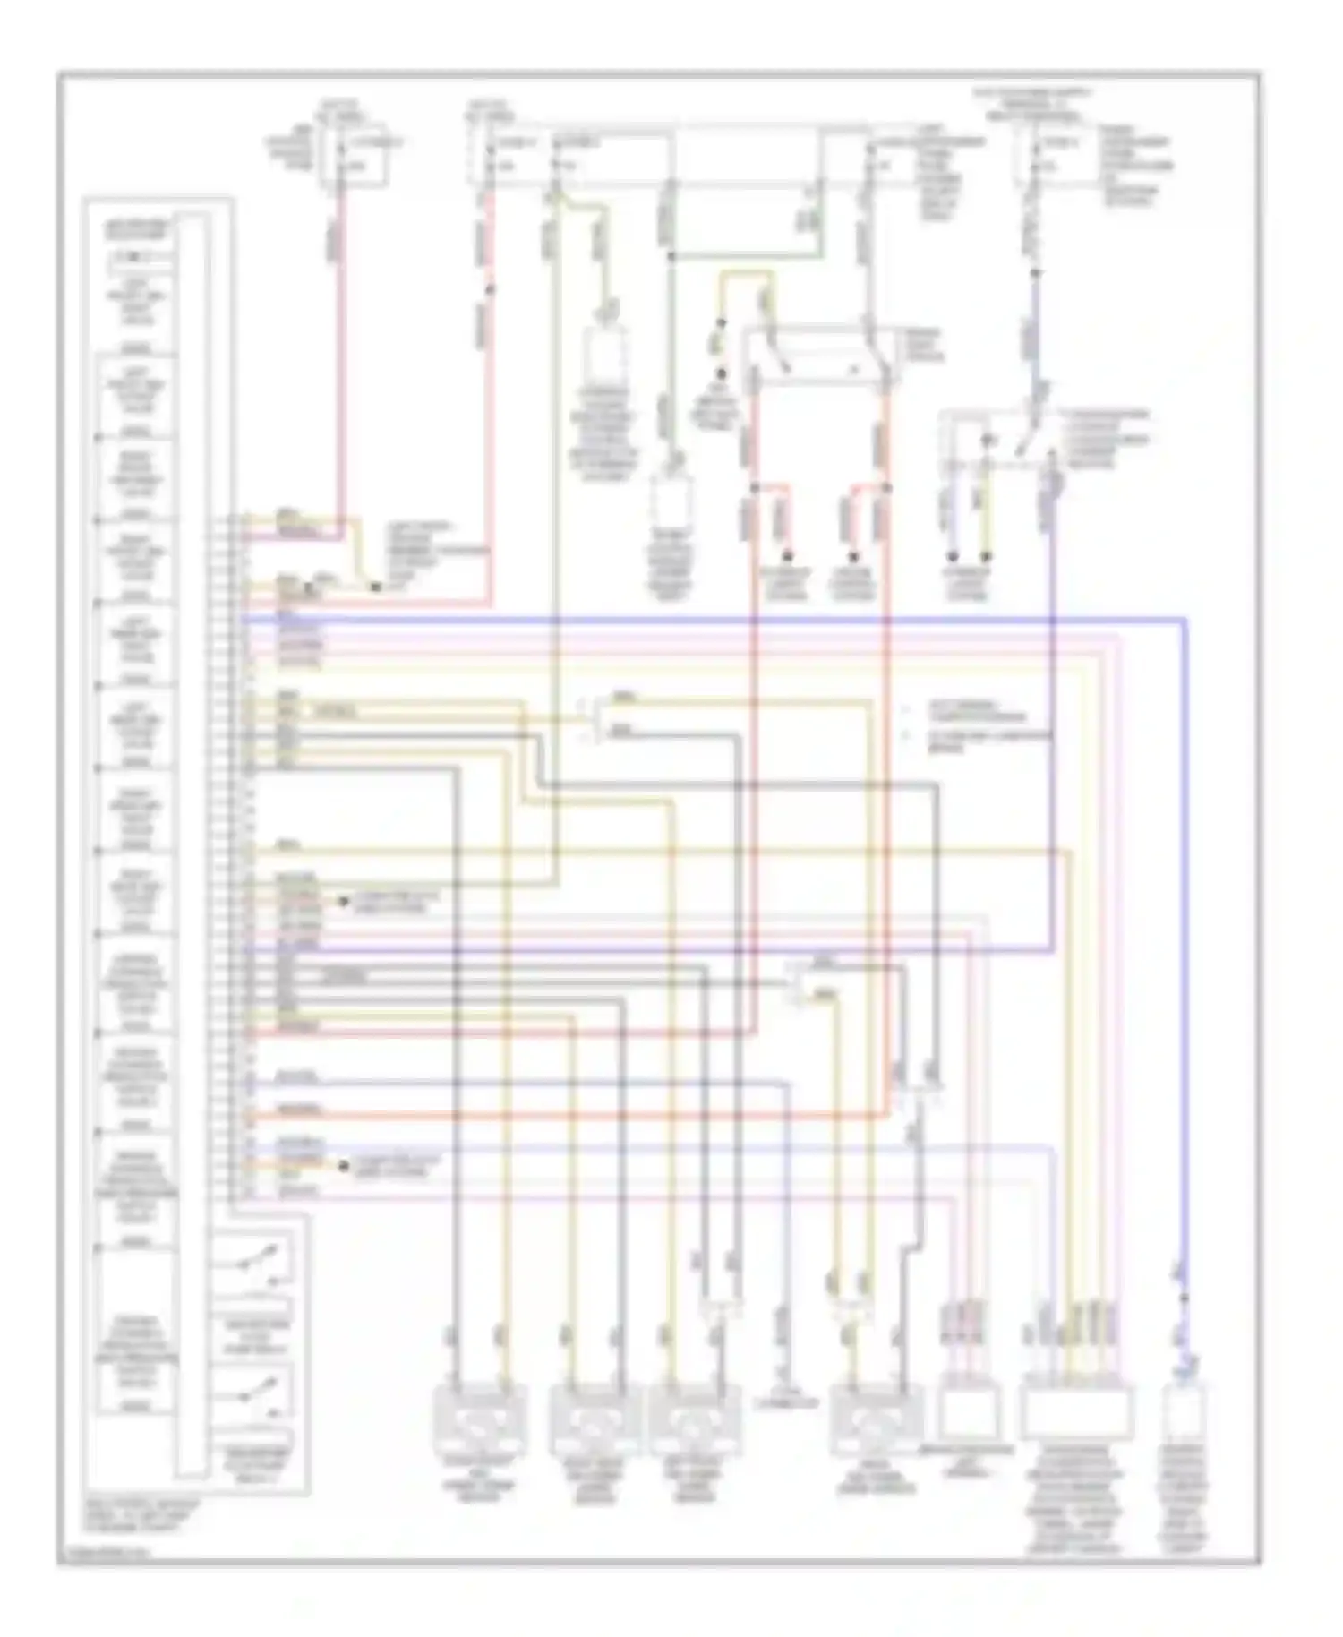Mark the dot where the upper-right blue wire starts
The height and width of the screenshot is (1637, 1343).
1036,272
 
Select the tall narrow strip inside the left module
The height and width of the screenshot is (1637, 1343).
191,842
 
